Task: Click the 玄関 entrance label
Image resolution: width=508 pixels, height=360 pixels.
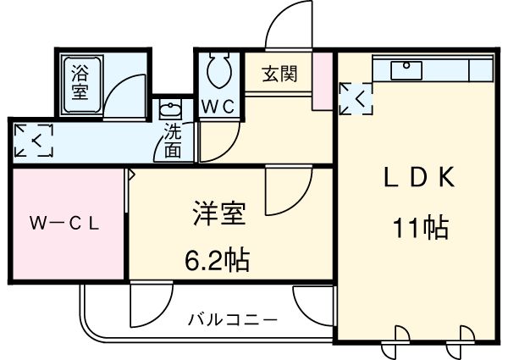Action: tap(277, 74)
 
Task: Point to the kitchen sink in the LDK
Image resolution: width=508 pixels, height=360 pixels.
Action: tap(408, 67)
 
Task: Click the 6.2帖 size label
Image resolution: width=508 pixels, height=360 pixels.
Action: tap(217, 260)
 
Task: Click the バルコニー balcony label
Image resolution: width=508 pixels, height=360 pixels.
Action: tap(232, 320)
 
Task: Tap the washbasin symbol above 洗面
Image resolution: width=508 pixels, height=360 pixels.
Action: tap(170, 111)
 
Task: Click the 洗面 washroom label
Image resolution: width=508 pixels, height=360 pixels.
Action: tap(173, 141)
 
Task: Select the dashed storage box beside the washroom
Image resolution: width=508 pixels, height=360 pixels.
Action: tap(33, 141)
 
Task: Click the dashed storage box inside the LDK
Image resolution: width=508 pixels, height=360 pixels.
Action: tap(355, 98)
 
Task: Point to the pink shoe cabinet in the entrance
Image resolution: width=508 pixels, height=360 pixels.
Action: tap(322, 81)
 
